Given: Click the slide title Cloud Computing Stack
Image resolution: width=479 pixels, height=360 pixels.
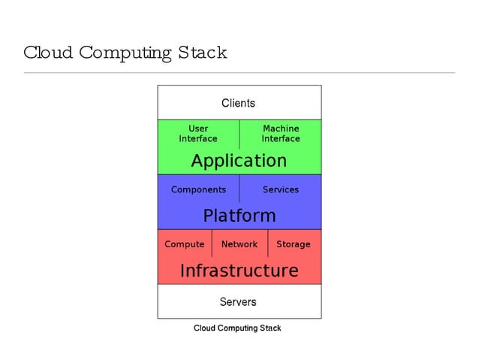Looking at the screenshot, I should coord(125,53).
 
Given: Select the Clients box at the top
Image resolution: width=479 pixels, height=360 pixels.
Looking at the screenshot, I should coord(238,103).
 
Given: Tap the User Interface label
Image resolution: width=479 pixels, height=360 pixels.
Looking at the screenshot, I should coord(198,134).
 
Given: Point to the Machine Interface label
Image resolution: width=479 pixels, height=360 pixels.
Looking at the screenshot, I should coord(280,134).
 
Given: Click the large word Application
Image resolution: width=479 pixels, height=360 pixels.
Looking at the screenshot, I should coord(239,161).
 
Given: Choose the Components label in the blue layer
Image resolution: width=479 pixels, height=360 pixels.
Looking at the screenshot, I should coord(198,189).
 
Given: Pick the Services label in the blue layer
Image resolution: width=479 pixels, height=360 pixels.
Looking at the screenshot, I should coord(280,189).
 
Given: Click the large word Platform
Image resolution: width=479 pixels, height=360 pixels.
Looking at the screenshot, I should coord(239,216).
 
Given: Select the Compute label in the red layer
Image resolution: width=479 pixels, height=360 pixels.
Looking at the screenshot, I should coord(184,244).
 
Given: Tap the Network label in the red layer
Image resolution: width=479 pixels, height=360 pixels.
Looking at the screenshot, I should coord(239,244).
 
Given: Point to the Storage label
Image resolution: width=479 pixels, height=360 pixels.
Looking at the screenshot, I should coord(293,244).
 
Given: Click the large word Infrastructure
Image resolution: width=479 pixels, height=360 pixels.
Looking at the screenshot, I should coord(239,271).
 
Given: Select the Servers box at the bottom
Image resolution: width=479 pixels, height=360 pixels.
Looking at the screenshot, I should coord(238,302).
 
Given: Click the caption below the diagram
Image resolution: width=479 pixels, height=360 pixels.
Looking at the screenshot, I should coord(237,328).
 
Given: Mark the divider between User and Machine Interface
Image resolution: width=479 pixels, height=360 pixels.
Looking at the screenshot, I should coord(239,134).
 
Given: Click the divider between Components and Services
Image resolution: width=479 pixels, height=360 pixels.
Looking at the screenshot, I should coord(239,189).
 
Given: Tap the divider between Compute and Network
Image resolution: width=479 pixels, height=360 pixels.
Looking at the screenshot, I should coord(212,244).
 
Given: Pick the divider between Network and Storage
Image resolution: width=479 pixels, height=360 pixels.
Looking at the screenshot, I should coord(268,244).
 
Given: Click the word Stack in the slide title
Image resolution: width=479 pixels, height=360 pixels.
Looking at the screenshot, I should coord(202,53).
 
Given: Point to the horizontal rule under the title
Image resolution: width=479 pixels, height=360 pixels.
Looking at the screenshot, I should coord(239,73).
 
